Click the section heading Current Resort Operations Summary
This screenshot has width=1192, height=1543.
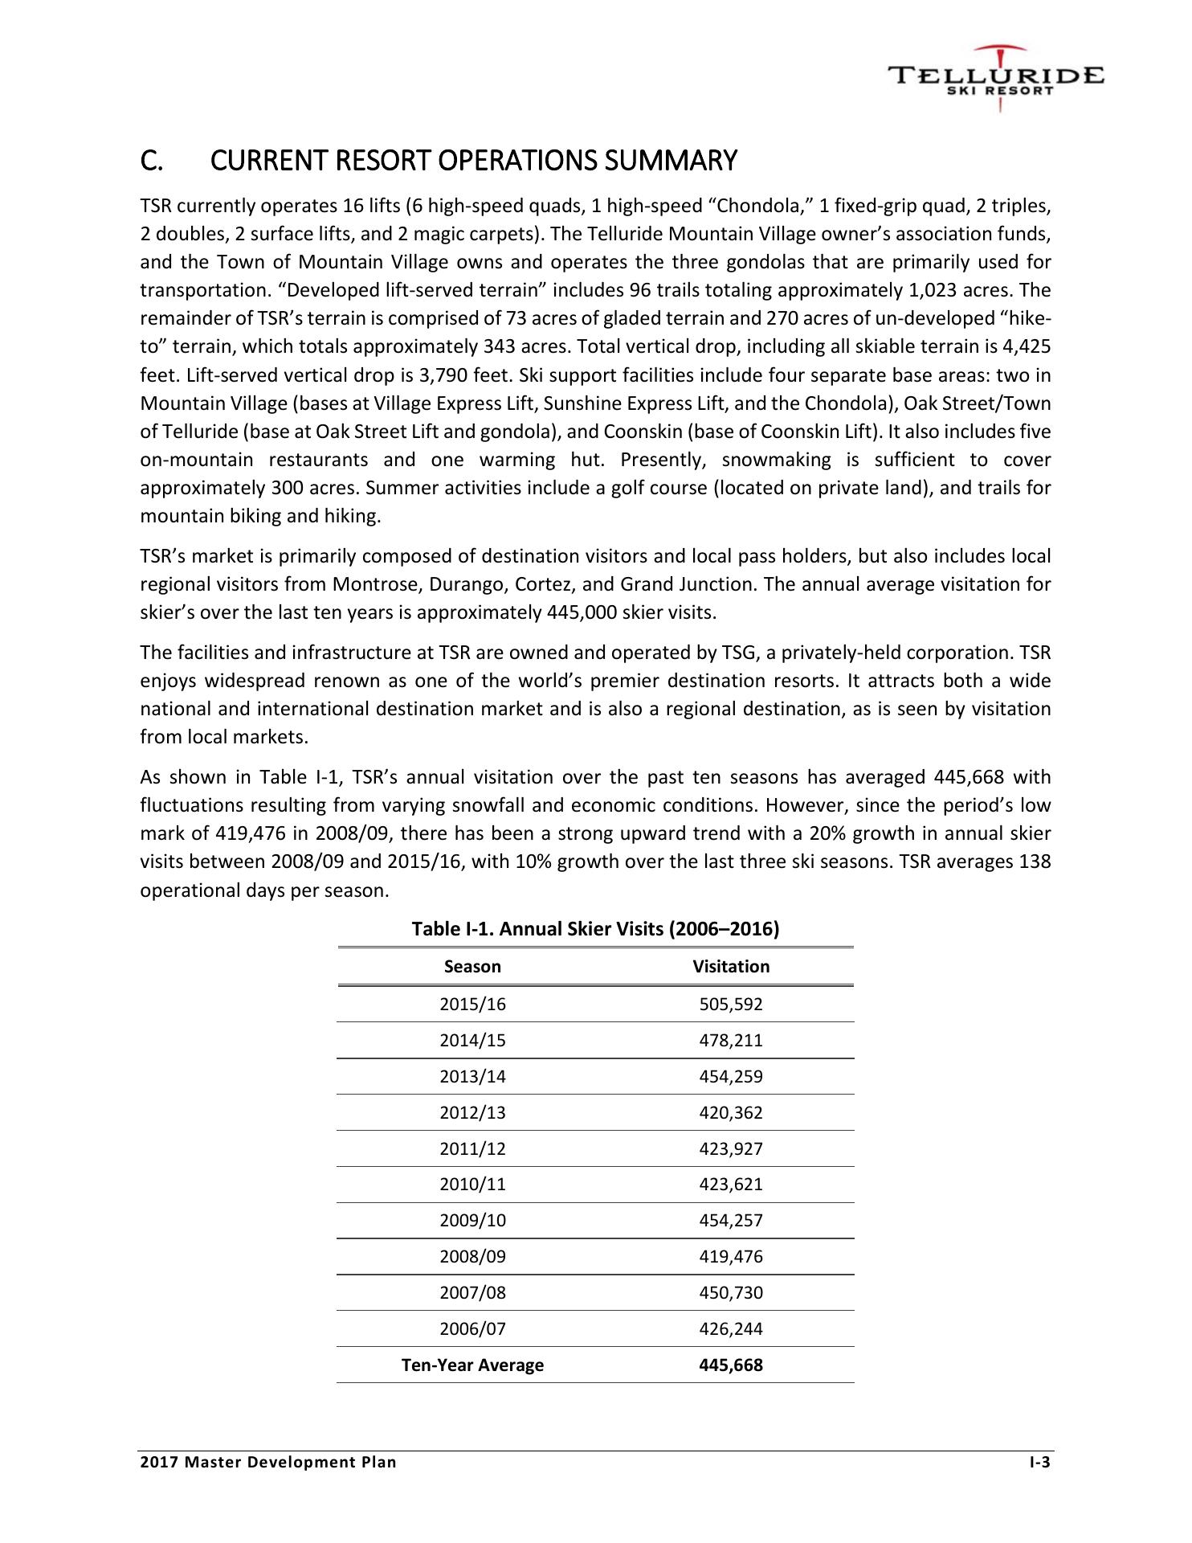[438, 161]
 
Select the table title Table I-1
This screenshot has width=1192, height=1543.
[595, 929]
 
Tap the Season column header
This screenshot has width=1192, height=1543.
[472, 967]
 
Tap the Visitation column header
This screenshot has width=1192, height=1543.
[731, 967]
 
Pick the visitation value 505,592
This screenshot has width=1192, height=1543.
[731, 1005]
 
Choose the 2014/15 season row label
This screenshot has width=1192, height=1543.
[473, 1041]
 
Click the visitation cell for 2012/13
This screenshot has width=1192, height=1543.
[731, 1113]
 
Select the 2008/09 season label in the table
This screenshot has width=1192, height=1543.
[473, 1257]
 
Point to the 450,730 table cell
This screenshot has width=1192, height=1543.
[731, 1293]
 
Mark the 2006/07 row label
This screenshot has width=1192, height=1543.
[473, 1329]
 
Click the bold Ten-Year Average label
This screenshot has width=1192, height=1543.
[472, 1365]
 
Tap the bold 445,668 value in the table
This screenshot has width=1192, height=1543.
[731, 1365]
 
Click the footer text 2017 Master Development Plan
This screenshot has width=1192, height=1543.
[268, 1462]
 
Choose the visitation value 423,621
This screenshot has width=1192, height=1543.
[731, 1185]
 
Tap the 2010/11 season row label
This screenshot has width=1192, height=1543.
[473, 1185]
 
